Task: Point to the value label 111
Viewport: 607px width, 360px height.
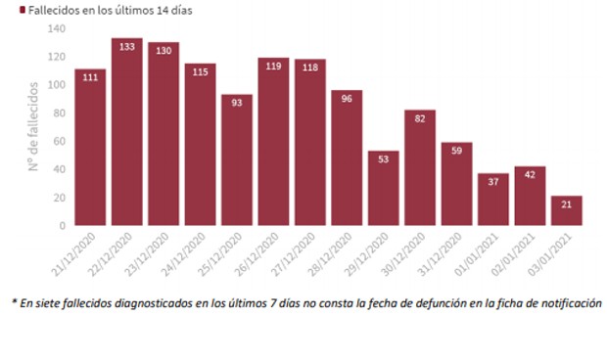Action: point(90,76)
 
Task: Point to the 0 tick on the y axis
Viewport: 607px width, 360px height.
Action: point(62,226)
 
